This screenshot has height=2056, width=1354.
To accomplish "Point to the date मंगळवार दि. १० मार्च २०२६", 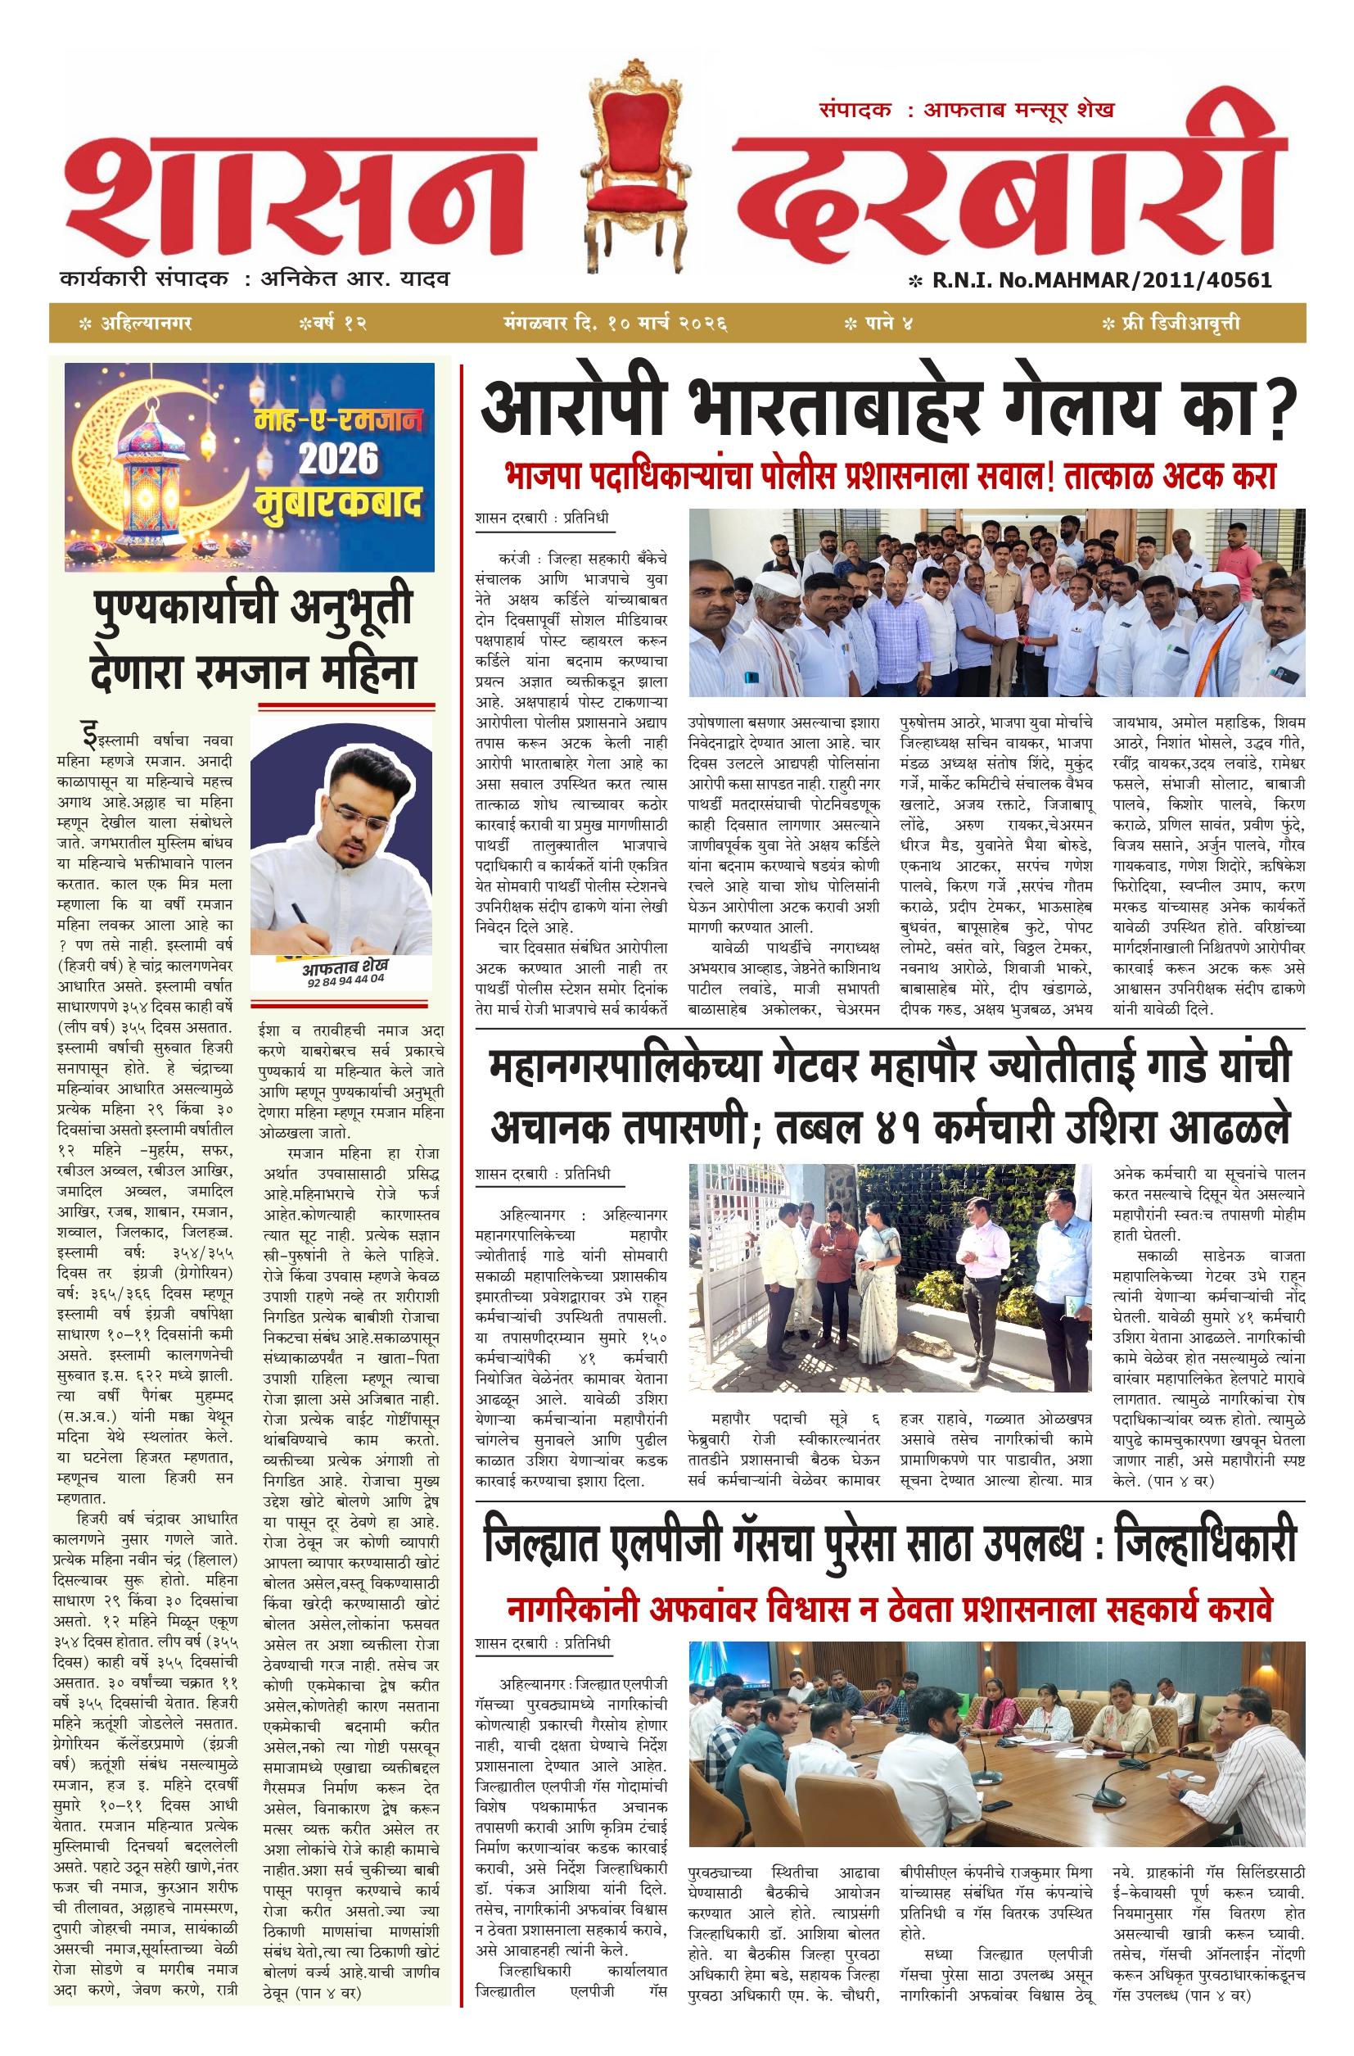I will tap(615, 324).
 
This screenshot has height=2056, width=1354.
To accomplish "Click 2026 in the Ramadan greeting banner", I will tap(339, 459).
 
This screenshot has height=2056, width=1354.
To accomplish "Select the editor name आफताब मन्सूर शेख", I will tap(1019, 111).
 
